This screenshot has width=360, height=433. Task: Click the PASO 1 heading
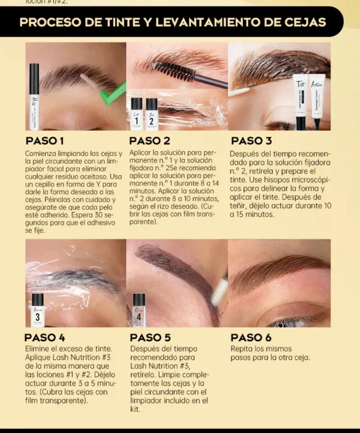[45, 141]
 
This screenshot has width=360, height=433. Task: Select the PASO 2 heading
[150, 141]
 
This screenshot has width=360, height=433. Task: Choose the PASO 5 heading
[150, 338]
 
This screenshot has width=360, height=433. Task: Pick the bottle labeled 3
[38, 309]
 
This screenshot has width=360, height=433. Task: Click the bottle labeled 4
[139, 309]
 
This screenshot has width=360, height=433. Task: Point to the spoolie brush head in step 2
[174, 71]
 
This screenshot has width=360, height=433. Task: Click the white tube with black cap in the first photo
[34, 96]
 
